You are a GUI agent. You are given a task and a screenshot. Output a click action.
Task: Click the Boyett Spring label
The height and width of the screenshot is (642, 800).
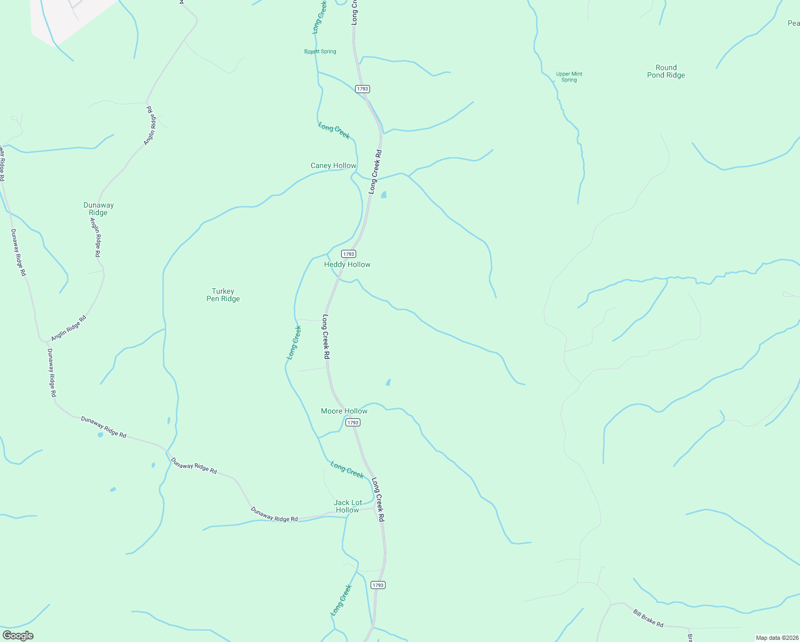320,51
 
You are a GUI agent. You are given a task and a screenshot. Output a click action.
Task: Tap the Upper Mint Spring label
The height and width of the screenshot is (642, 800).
569,77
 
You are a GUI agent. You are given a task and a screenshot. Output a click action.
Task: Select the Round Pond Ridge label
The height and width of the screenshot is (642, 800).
666,71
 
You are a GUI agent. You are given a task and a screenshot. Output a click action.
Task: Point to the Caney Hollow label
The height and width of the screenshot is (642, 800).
333,165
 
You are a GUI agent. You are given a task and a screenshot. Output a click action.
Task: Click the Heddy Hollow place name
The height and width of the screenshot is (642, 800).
347,264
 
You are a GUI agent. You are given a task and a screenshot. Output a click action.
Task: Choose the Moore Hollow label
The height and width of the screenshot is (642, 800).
344,411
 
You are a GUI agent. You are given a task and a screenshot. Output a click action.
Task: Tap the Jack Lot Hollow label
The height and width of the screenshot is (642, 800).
348,506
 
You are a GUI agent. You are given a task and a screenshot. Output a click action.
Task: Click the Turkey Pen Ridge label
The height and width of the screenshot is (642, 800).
223,295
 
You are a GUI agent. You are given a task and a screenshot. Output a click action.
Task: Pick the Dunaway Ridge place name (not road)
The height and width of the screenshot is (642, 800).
98,209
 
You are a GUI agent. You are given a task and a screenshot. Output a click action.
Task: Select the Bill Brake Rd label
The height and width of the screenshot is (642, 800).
648,618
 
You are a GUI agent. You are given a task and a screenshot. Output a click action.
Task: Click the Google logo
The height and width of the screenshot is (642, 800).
18,635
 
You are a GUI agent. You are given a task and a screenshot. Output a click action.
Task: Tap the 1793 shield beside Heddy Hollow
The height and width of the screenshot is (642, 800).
348,254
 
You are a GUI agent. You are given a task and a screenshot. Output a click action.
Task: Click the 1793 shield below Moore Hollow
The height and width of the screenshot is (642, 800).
352,423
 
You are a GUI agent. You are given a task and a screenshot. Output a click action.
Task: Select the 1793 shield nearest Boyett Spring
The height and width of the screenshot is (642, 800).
363,89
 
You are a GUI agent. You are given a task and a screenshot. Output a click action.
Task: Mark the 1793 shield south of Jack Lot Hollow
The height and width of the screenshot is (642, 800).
378,585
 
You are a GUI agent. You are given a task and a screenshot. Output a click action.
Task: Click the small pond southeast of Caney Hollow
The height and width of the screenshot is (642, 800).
383,195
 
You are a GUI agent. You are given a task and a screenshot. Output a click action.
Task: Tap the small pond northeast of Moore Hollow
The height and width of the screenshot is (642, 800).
388,382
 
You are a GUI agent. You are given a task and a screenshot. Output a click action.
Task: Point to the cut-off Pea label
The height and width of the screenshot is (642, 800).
794,23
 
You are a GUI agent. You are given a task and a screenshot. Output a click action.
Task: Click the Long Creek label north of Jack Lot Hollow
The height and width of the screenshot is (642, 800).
347,470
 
